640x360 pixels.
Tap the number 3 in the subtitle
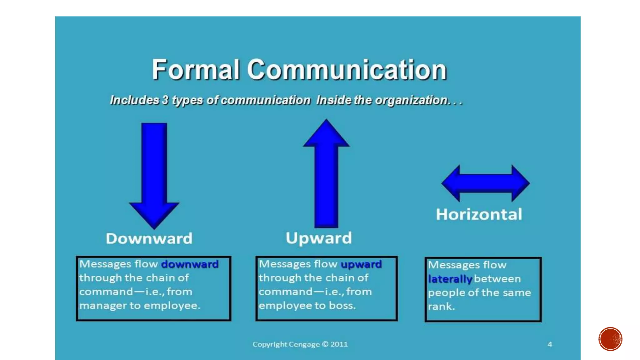[x=165, y=100]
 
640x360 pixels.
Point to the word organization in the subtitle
[x=411, y=100]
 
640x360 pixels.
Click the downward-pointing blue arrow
[x=154, y=175]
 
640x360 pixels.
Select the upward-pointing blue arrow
[x=326, y=175]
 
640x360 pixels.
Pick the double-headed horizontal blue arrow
[x=485, y=183]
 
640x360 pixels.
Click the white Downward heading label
[x=149, y=238]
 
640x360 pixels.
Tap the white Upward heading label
[x=319, y=238]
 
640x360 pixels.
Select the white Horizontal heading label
[x=479, y=214]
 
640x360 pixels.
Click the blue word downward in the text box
[x=190, y=264]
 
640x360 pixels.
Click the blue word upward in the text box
[x=361, y=264]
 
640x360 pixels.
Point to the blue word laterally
[x=450, y=279]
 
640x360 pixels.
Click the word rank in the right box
[x=441, y=307]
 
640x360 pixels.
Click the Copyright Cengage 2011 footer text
[x=300, y=344]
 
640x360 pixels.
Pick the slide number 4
[x=550, y=344]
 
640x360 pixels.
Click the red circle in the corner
[x=610, y=339]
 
